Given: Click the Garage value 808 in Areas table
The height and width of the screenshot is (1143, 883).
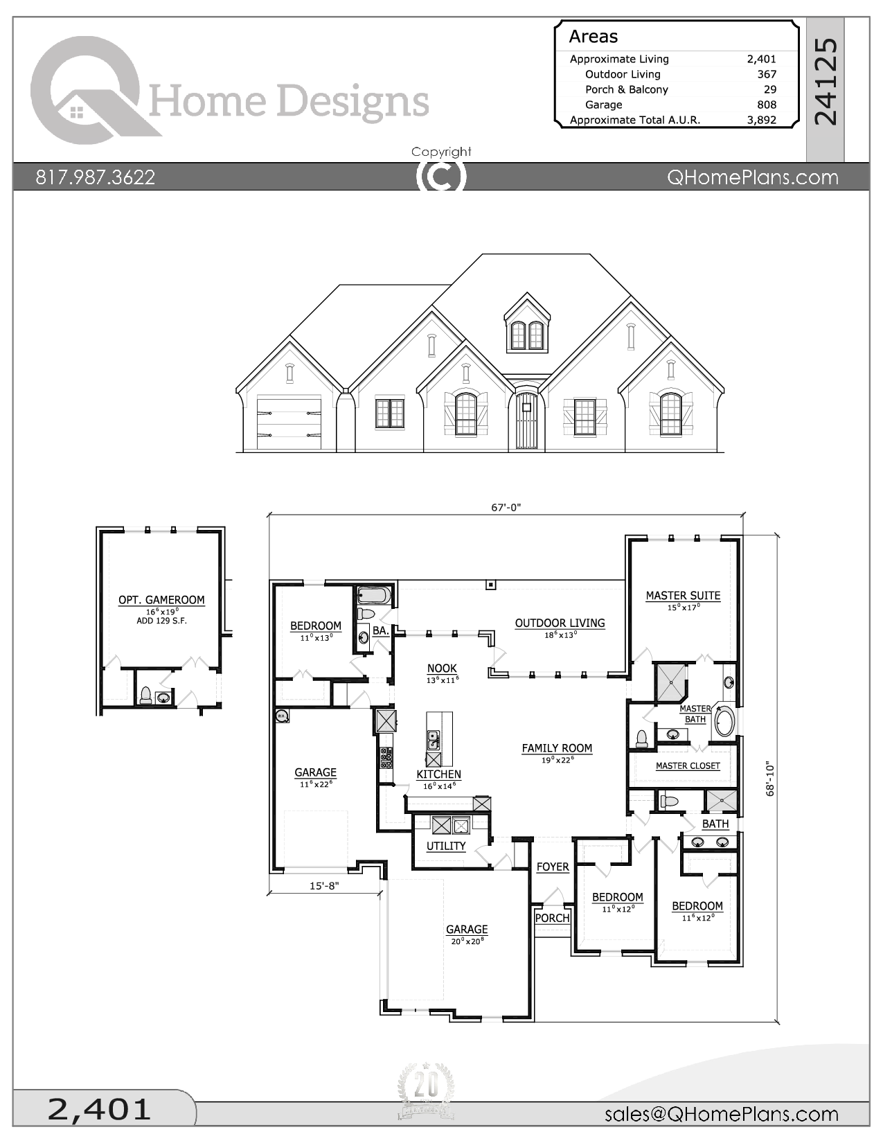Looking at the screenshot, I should [x=766, y=105].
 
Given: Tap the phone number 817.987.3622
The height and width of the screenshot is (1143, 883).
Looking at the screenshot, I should [x=96, y=177].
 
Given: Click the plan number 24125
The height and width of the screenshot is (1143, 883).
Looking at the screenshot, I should [x=826, y=82].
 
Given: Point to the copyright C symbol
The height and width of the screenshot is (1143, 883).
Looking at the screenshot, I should [x=441, y=176].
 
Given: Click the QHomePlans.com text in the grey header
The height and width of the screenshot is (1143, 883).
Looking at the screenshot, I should [x=752, y=177].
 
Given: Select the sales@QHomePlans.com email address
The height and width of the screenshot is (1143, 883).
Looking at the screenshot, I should [x=721, y=1114].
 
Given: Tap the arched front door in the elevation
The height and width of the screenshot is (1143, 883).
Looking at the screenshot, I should [x=526, y=422].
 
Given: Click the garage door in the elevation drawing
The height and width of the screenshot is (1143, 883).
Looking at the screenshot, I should [x=289, y=423].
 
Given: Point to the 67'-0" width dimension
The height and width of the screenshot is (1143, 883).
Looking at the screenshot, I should [x=506, y=507].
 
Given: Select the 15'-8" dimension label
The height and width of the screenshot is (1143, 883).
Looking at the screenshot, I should [x=324, y=885].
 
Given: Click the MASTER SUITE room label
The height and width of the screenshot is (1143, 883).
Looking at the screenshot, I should [x=683, y=595].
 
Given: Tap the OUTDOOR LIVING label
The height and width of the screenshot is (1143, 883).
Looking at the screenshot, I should [x=560, y=623].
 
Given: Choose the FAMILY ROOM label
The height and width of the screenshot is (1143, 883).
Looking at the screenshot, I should [x=557, y=747].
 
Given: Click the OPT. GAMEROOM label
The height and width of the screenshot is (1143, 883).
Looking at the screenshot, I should [x=161, y=600].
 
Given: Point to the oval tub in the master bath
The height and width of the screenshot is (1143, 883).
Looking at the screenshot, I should [x=724, y=721].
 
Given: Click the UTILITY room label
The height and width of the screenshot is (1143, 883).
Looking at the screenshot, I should [x=446, y=846].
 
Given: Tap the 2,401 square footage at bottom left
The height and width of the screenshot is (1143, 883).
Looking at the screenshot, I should [x=99, y=1109].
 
